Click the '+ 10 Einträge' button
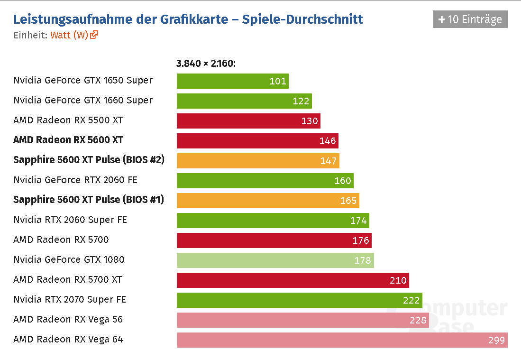470,19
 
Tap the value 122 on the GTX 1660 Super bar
301,101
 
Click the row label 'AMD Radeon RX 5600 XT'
68,140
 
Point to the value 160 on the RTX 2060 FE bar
343,180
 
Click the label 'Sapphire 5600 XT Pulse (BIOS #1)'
89,200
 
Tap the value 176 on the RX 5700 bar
361,240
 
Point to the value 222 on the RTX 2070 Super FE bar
411,300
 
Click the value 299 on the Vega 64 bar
496,340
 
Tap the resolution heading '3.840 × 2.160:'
206,64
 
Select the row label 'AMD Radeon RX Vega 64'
68,340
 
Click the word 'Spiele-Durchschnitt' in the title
302,19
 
